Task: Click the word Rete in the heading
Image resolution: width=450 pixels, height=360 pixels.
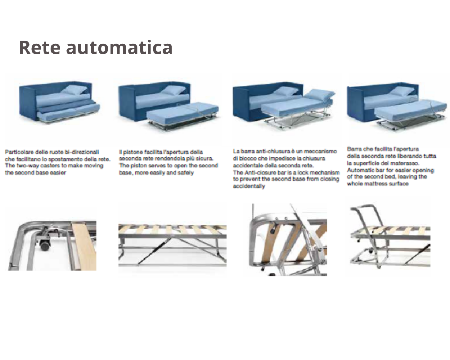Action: tap(40, 48)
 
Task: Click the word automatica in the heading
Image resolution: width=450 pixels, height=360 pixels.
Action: tap(120, 48)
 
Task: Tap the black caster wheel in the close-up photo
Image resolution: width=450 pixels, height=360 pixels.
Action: tap(45, 245)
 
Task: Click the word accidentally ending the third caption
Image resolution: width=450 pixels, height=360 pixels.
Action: tap(249, 186)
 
